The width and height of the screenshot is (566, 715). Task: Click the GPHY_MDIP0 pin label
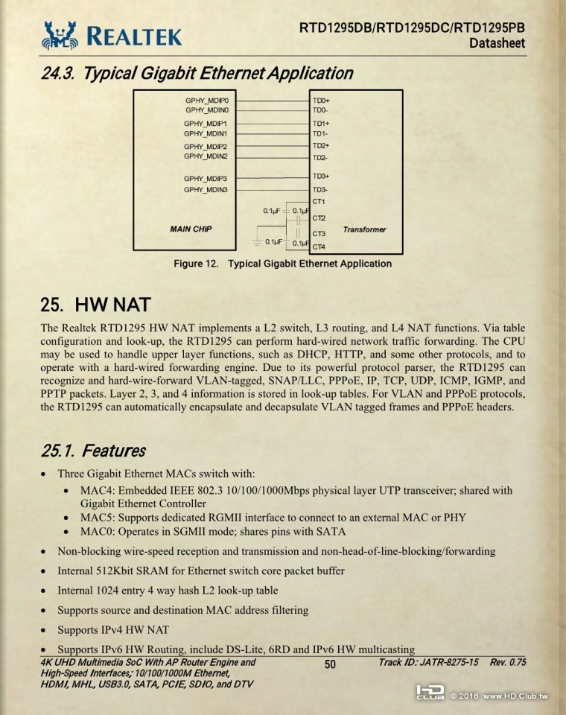point(206,100)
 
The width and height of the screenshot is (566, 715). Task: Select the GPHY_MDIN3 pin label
point(206,190)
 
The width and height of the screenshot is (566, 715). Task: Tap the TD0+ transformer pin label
point(321,100)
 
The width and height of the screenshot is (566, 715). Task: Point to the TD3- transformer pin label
point(321,190)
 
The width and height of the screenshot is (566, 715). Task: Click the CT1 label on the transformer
point(319,202)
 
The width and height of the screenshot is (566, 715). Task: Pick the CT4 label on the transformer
point(319,247)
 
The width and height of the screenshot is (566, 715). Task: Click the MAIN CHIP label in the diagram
point(191,229)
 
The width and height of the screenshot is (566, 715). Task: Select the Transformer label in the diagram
point(364,229)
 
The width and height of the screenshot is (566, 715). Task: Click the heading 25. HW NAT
point(95,305)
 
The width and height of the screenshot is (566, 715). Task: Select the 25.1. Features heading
point(93,451)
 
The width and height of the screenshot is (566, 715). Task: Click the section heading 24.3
point(197,74)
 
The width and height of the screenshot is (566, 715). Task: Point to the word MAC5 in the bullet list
point(97,518)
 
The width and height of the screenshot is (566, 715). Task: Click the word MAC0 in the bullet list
point(97,532)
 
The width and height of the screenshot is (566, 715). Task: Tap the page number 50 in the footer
point(331,664)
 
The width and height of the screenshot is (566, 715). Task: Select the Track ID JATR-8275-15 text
point(428,662)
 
